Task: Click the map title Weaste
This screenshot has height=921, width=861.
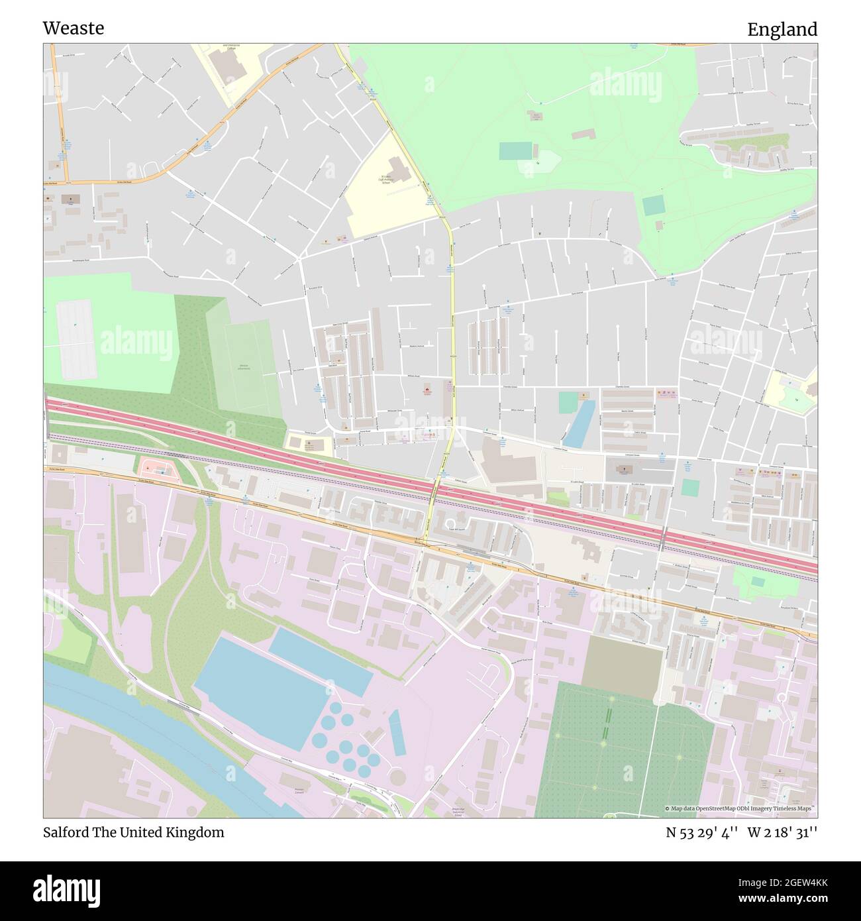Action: [74, 28]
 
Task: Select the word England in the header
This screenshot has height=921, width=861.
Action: [782, 29]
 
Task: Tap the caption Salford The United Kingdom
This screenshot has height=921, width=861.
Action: [133, 832]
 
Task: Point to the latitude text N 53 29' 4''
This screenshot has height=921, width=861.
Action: [702, 833]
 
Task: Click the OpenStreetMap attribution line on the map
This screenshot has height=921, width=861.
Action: [740, 808]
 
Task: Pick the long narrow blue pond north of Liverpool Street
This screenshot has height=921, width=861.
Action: [579, 424]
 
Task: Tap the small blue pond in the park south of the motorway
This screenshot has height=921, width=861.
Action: [758, 581]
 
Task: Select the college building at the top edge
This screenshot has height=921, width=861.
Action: [228, 64]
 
